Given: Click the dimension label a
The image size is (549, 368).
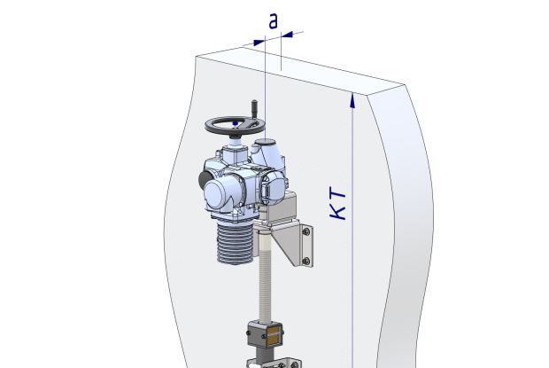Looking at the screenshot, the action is coord(273,21).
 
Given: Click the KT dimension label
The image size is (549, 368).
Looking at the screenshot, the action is coord(338,205).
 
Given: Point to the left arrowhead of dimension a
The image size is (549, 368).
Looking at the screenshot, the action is coord(259,43).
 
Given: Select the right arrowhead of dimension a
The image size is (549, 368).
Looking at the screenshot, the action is coord(287,35).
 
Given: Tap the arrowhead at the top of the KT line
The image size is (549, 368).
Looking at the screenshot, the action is coord(352,100).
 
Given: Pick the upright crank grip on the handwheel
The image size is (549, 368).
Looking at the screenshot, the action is coord(254,106).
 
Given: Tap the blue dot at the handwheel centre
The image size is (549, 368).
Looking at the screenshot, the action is coord(236,123).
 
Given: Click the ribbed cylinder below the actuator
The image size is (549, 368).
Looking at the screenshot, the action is coord(235,243).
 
